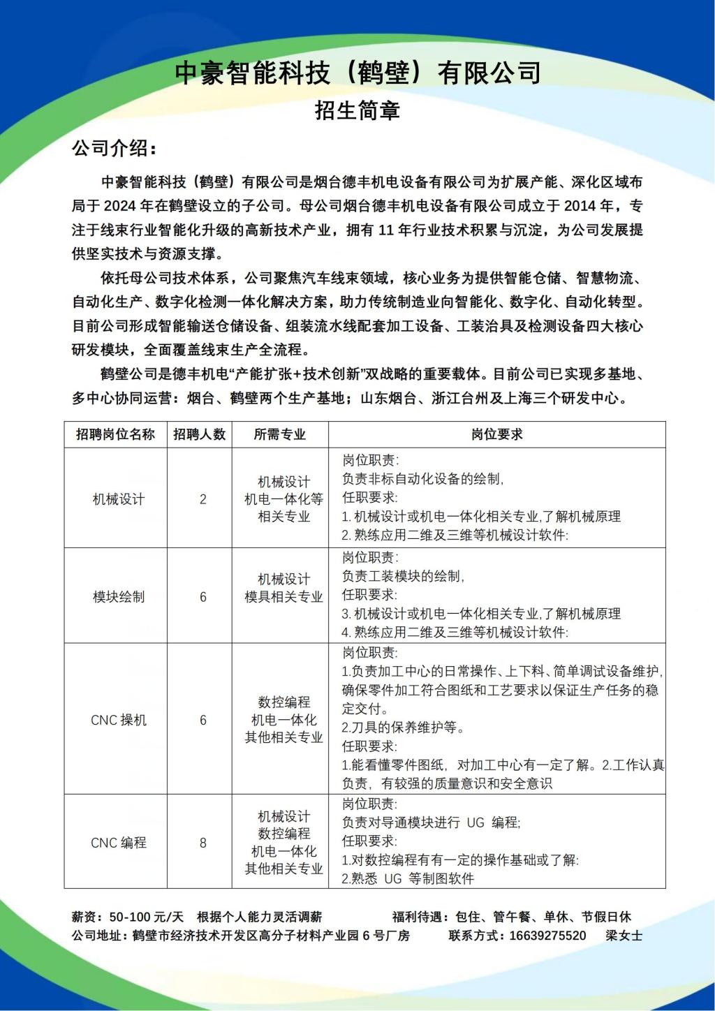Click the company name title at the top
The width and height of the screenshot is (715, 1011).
point(357,73)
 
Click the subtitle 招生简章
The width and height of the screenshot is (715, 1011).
point(357,110)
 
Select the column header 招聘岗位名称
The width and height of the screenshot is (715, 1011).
point(115,434)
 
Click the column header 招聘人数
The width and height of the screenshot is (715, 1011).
point(200,434)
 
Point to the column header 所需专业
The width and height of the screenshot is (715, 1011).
point(280,434)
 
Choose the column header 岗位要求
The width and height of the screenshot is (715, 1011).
point(496,434)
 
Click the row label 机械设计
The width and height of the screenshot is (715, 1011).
point(119,499)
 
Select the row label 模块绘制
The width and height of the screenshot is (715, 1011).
point(119,597)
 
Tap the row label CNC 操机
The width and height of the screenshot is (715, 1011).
point(119,720)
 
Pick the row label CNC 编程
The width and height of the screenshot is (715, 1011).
point(119,843)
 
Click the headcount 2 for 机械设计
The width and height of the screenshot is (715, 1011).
point(203,499)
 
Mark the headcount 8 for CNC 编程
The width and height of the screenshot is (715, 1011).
point(203,843)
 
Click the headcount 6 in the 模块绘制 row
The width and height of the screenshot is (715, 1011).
point(203,597)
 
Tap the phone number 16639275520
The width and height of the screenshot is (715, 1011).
point(547,936)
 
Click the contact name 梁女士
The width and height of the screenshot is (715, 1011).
point(624,936)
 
